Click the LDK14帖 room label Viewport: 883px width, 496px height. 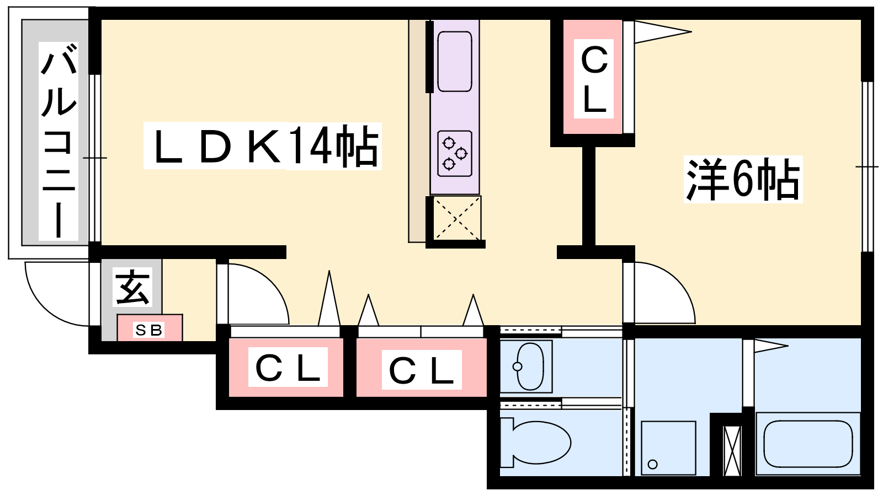(262, 146)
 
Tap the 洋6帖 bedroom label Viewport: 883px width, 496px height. (743, 180)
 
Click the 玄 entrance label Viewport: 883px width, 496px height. (132, 287)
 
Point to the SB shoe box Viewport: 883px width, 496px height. (150, 329)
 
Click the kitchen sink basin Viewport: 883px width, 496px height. (454, 61)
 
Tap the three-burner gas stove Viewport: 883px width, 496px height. (454, 153)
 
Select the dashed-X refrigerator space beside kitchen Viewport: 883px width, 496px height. (456, 219)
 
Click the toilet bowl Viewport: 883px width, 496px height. (538, 442)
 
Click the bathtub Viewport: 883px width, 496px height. (807, 444)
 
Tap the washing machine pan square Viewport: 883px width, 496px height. (668, 448)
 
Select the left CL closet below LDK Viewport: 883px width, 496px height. (286, 368)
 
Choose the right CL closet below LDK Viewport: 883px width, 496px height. (421, 369)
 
